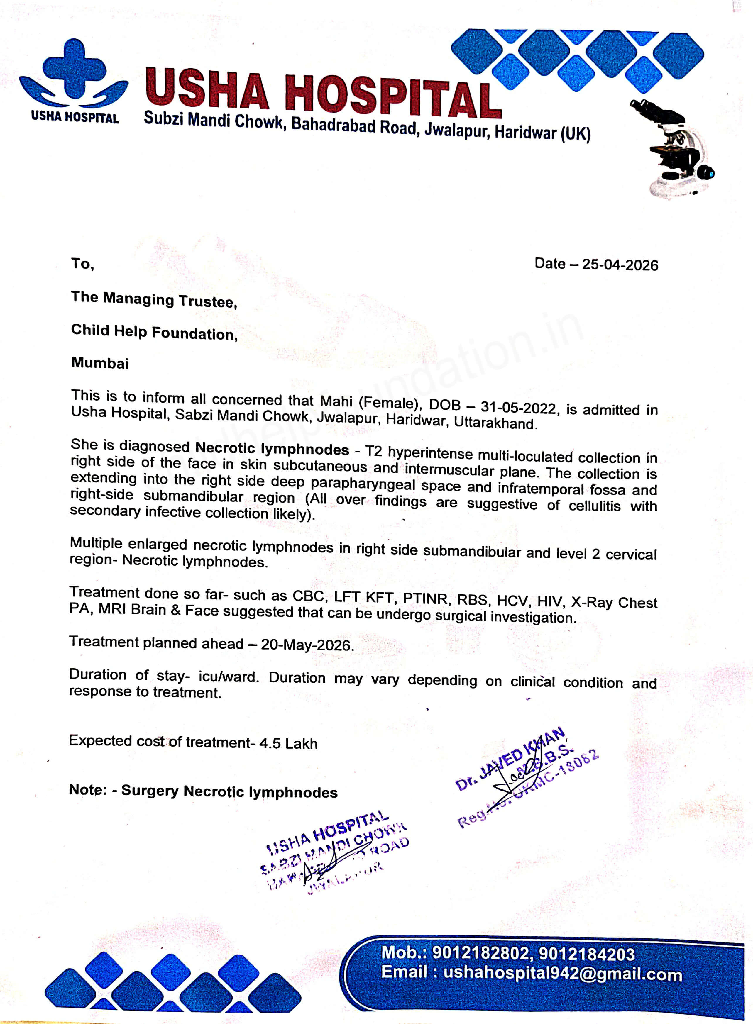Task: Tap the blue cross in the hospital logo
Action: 74,68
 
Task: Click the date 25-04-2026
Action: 620,265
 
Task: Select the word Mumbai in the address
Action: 100,363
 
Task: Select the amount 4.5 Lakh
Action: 288,744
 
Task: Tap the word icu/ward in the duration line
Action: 228,677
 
